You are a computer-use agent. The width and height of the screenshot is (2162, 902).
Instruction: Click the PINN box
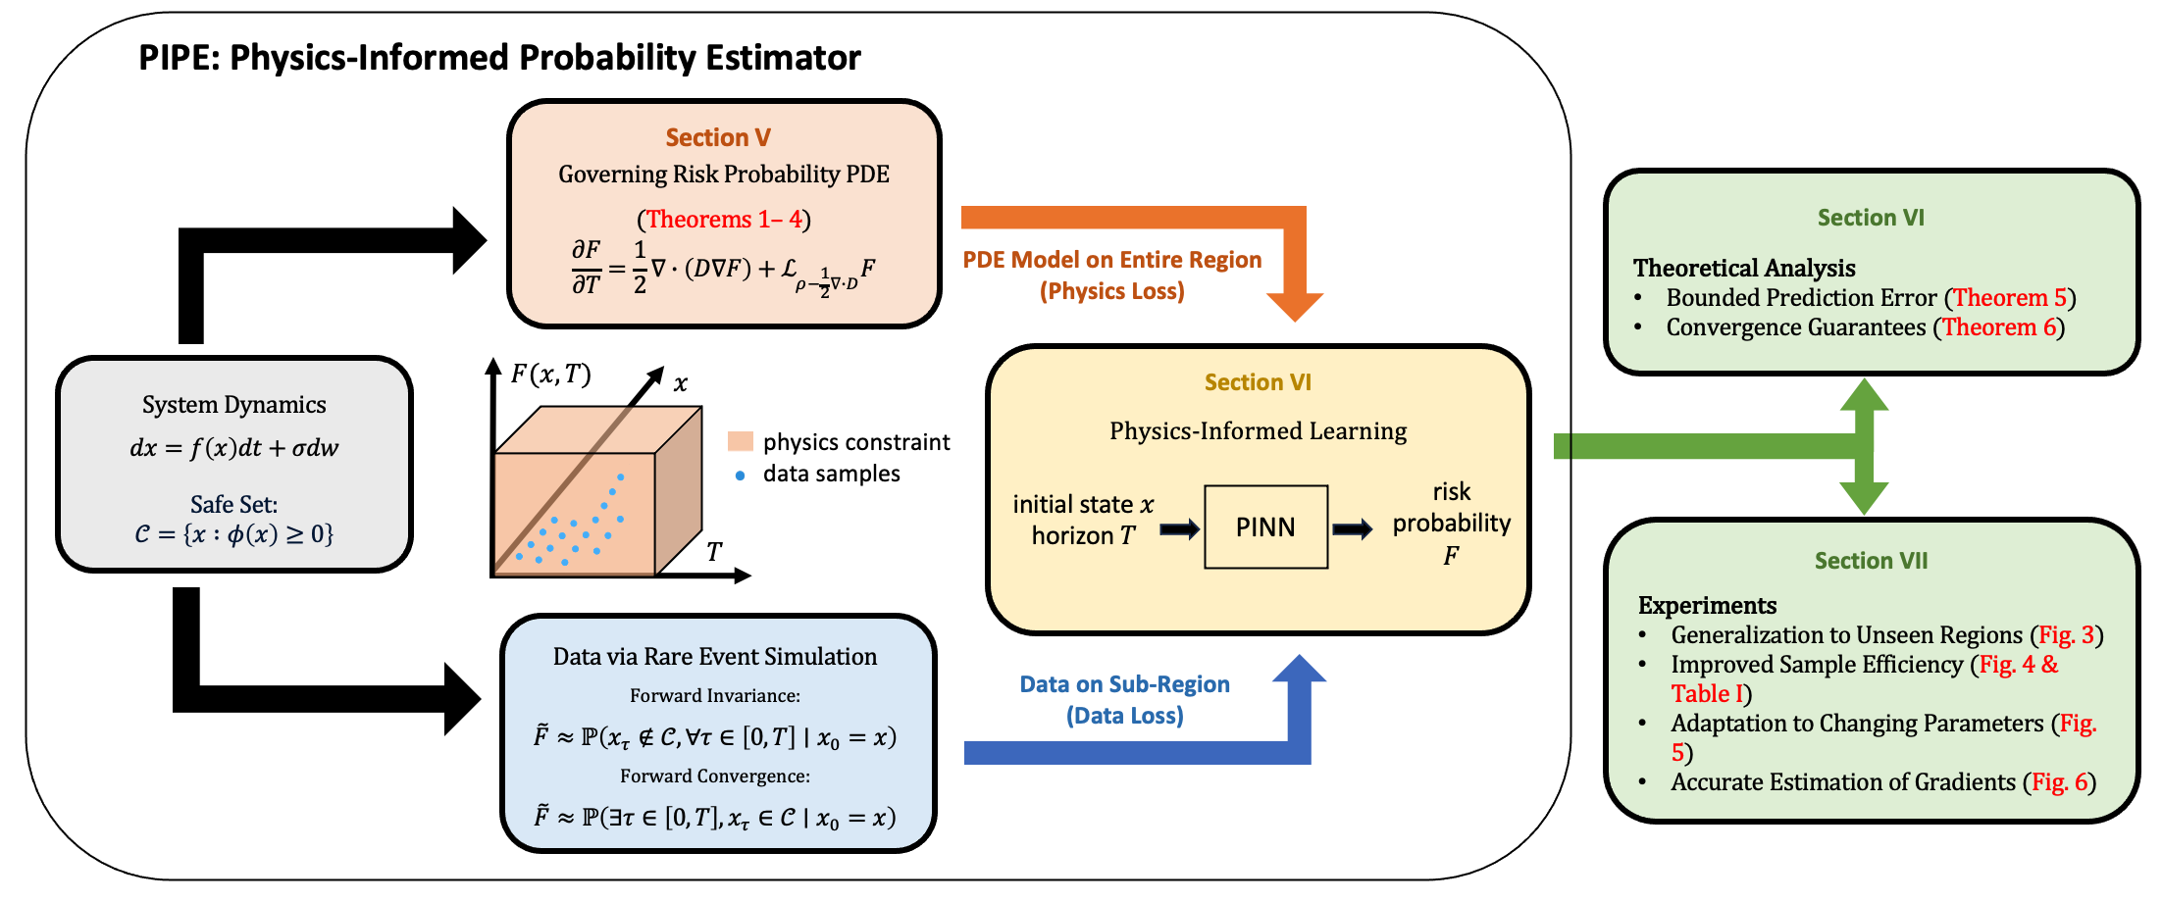click(1265, 527)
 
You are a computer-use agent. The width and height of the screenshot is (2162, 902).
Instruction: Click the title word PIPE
click(177, 58)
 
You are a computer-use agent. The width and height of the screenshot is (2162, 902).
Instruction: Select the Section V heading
click(718, 138)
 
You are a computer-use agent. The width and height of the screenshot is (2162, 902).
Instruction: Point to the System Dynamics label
click(233, 405)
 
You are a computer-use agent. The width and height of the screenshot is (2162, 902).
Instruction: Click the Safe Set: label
click(233, 505)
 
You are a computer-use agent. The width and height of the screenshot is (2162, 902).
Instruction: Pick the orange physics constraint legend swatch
click(741, 441)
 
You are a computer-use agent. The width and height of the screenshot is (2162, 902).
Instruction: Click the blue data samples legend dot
click(740, 476)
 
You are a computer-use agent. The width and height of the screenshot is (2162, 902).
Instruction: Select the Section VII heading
click(1871, 561)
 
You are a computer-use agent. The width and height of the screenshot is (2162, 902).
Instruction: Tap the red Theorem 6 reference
click(1998, 327)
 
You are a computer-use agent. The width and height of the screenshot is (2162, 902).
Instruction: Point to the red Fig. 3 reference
click(2066, 635)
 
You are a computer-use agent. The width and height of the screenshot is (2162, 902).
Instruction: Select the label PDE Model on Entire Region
click(1111, 260)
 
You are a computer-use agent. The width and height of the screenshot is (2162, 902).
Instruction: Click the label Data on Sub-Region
click(1124, 684)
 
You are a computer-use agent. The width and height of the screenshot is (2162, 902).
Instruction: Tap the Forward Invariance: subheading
click(714, 696)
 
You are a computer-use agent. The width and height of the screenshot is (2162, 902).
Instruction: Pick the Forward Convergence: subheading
click(714, 777)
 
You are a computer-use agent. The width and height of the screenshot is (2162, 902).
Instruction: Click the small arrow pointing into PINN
click(1179, 530)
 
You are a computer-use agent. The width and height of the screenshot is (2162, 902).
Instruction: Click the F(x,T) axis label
click(550, 375)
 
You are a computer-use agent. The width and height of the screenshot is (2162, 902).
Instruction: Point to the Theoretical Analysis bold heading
click(1743, 269)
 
